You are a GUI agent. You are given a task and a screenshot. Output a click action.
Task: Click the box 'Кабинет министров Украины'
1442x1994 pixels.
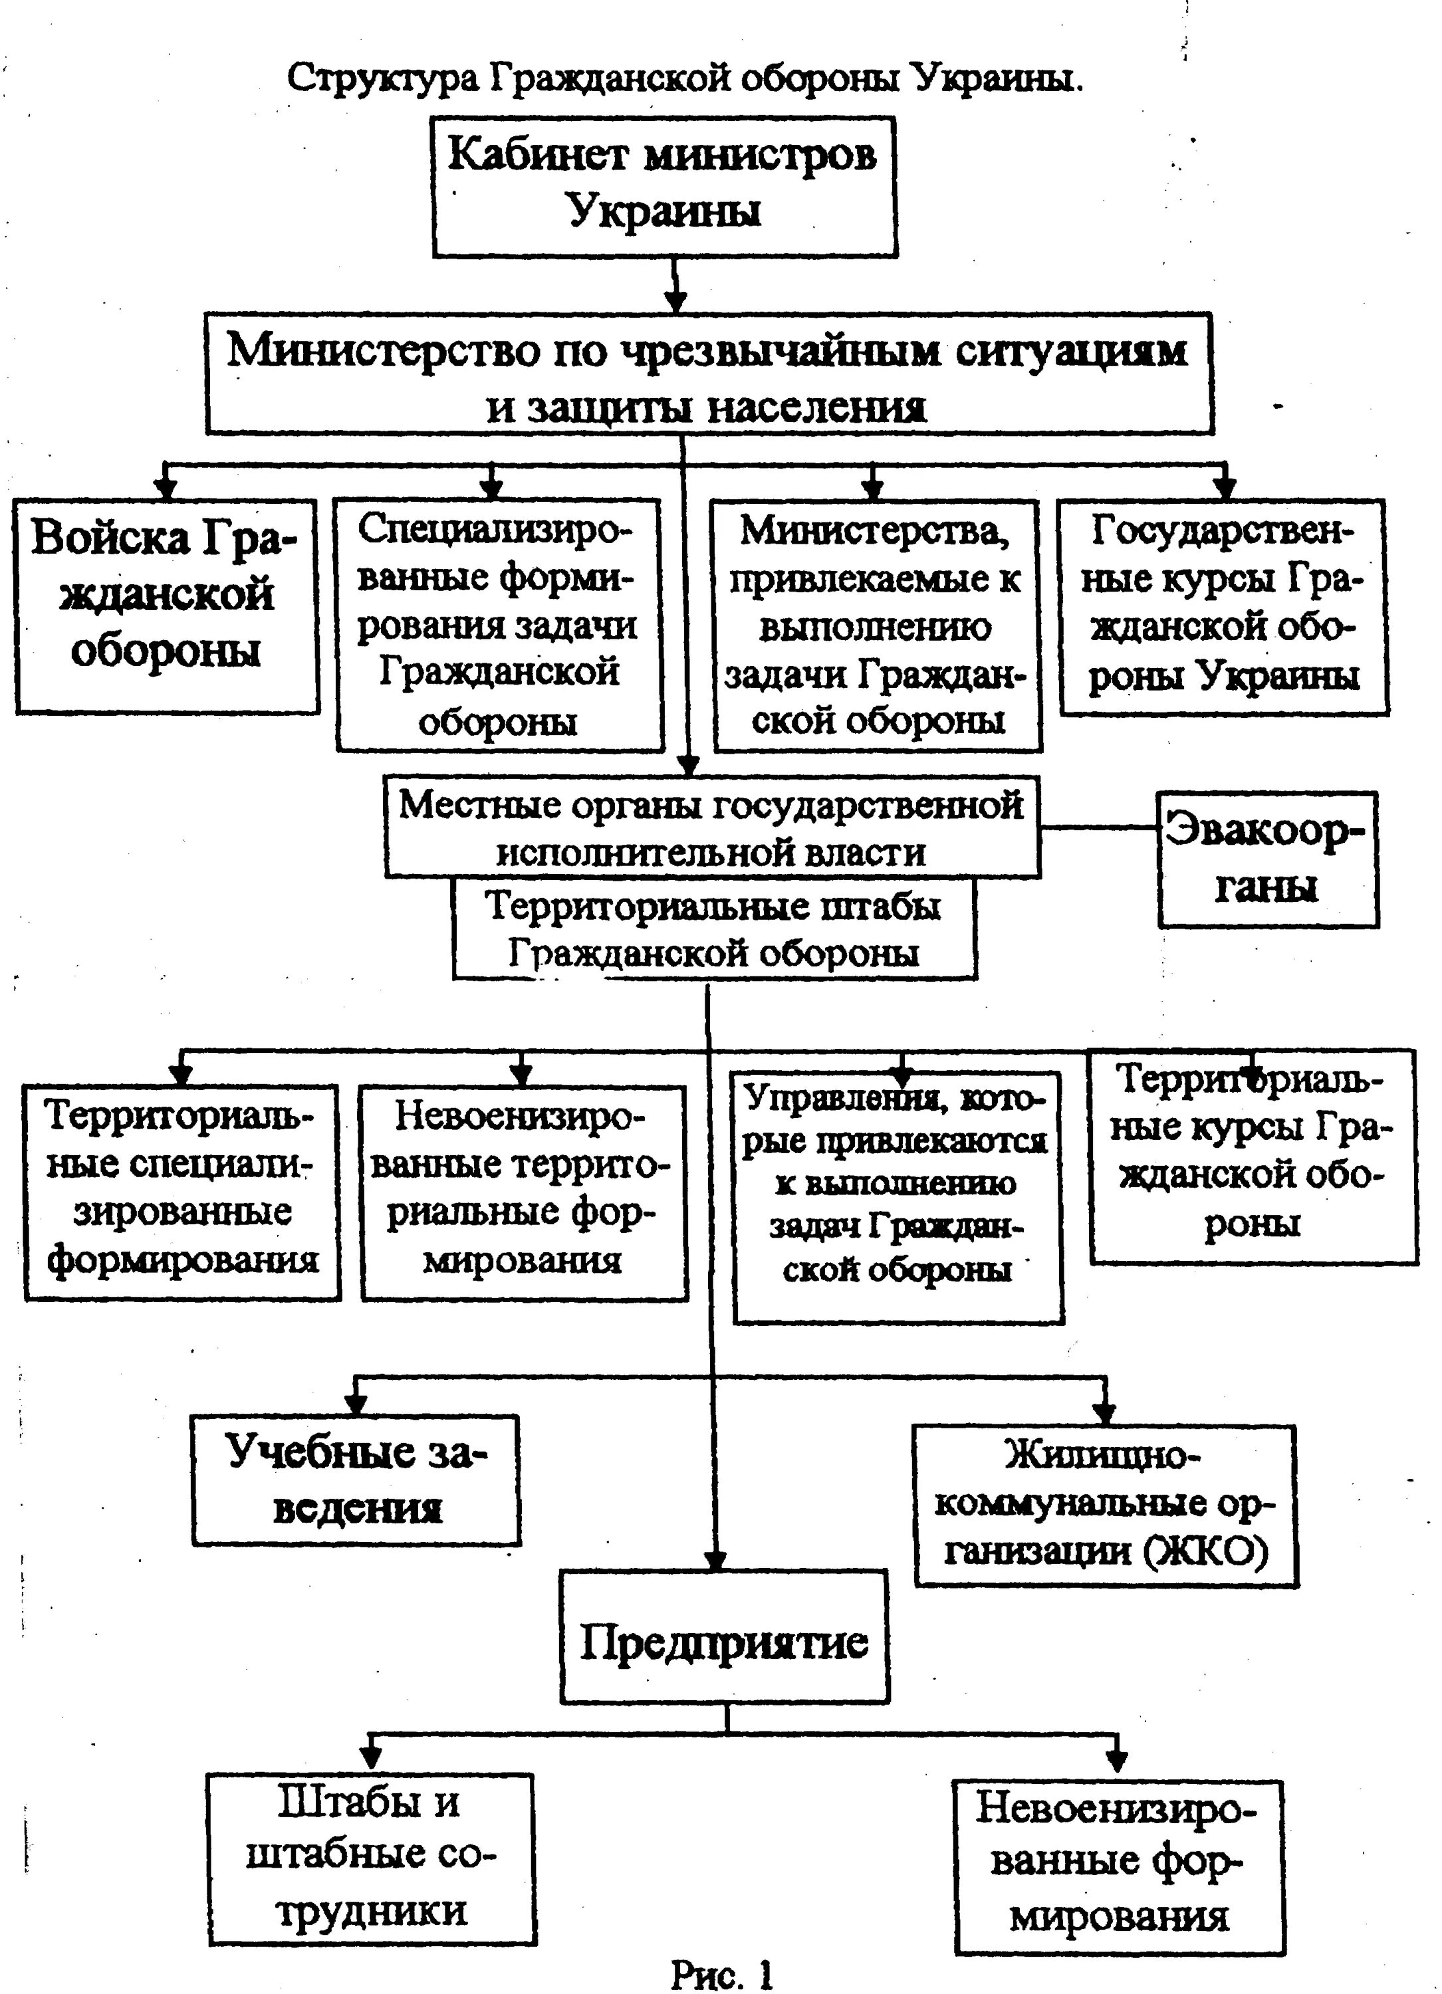(665, 186)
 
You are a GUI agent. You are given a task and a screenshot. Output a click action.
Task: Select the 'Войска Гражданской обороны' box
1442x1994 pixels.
(167, 607)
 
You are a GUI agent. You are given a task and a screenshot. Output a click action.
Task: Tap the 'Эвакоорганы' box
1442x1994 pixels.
(1268, 859)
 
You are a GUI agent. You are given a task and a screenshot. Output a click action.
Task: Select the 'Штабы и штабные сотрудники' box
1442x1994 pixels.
(371, 1858)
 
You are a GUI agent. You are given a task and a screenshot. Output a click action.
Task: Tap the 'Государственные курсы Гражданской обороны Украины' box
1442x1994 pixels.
(1224, 607)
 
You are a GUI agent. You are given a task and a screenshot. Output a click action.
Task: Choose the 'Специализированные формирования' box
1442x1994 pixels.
(499, 624)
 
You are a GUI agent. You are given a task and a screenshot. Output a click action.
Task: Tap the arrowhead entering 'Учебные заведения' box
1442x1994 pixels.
(355, 1402)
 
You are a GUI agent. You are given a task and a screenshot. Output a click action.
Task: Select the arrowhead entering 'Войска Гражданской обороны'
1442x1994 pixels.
(164, 489)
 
